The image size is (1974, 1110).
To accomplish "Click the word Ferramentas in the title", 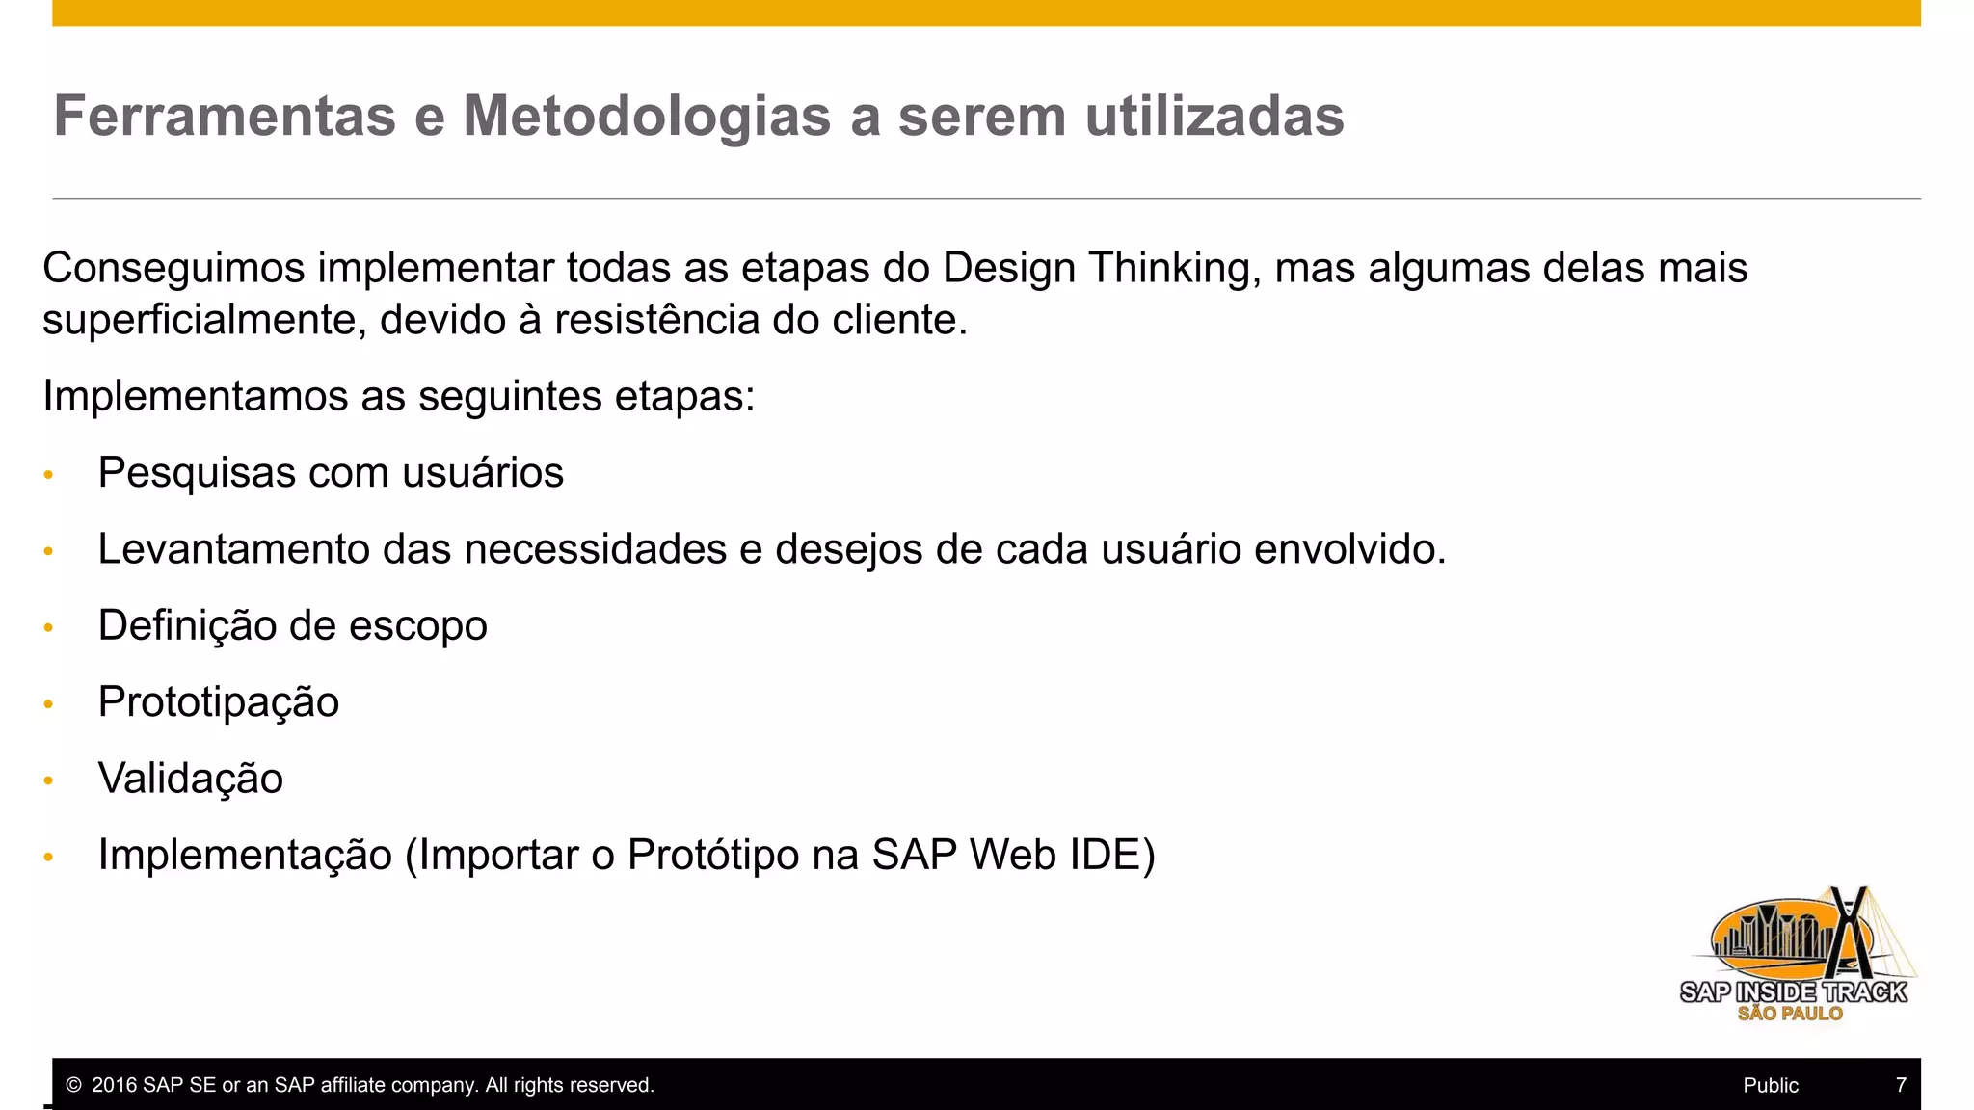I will [x=224, y=117].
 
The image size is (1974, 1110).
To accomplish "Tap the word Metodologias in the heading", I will [x=646, y=117].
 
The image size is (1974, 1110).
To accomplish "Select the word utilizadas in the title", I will [x=1214, y=117].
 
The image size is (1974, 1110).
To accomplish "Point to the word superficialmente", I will [x=203, y=320].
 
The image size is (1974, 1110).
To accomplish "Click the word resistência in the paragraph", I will [x=656, y=320].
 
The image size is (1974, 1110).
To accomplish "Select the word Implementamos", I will [x=195, y=396].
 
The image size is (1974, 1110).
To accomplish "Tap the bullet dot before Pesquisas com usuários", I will [x=48, y=475].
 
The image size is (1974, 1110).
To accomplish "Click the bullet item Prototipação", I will [x=219, y=702].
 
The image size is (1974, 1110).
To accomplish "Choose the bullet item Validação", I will [x=191, y=779].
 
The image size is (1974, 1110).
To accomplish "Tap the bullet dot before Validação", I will [x=48, y=780].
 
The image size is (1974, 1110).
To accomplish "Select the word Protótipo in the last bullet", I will [x=713, y=856].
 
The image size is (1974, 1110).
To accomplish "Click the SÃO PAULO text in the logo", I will [x=1790, y=1014].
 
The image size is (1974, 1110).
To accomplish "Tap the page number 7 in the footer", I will [x=1901, y=1085].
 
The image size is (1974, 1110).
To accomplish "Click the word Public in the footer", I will [x=1771, y=1085].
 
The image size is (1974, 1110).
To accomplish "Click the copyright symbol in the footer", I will [x=73, y=1085].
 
